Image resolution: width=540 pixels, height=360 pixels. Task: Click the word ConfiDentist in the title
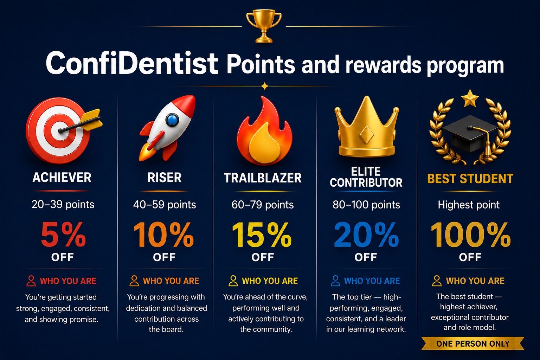pyautogui.click(x=132, y=63)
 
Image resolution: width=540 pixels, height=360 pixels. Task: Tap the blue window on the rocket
pyautogui.click(x=172, y=120)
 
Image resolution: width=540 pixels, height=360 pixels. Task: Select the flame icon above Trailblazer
pyautogui.click(x=264, y=131)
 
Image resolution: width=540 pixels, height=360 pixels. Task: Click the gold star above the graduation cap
pyautogui.click(x=470, y=98)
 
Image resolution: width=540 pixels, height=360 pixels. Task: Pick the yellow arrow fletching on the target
pyautogui.click(x=92, y=120)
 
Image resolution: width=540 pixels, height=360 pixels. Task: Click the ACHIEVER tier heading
pyautogui.click(x=62, y=178)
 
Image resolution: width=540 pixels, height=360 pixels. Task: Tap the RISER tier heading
pyautogui.click(x=165, y=178)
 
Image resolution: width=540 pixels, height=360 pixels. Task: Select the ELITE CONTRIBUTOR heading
pyautogui.click(x=366, y=177)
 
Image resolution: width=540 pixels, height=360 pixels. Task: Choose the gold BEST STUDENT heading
pyautogui.click(x=470, y=179)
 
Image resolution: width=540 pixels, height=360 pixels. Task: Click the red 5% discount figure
pyautogui.click(x=63, y=234)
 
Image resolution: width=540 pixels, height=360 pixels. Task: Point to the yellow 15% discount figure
pyautogui.click(x=262, y=234)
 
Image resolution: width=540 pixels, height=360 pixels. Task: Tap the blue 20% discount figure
pyautogui.click(x=366, y=234)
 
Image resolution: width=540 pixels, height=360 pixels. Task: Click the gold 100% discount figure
pyautogui.click(x=471, y=234)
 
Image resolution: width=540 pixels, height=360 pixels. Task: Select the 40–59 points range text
pyautogui.click(x=165, y=205)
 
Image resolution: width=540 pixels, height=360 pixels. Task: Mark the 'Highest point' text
pyautogui.click(x=469, y=205)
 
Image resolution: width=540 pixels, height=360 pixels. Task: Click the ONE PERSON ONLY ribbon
pyautogui.click(x=473, y=343)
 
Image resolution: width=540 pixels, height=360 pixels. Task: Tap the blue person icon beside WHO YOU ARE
pyautogui.click(x=335, y=281)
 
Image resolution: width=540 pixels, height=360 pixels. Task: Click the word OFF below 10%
pyautogui.click(x=164, y=257)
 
